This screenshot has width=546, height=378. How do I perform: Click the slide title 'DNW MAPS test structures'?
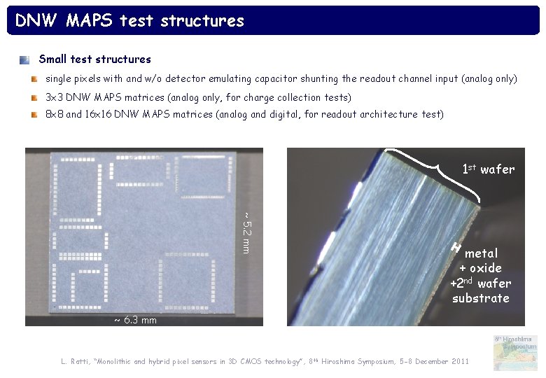tap(129, 21)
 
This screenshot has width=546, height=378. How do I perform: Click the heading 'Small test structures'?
tap(94, 59)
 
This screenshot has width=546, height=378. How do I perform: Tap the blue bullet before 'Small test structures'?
tap(24, 60)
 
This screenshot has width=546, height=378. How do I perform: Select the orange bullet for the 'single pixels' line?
tap(34, 79)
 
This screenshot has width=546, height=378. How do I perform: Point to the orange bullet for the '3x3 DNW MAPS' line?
tap(34, 97)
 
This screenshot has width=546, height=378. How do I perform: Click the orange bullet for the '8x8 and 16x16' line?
tap(34, 114)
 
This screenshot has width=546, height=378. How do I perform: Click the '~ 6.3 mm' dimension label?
tap(135, 320)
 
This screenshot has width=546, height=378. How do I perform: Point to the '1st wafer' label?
tap(488, 169)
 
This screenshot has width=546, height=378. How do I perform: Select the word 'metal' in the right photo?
tap(481, 253)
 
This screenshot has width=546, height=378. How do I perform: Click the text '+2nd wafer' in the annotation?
tap(480, 283)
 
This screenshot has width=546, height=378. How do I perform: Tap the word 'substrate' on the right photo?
tap(480, 298)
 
